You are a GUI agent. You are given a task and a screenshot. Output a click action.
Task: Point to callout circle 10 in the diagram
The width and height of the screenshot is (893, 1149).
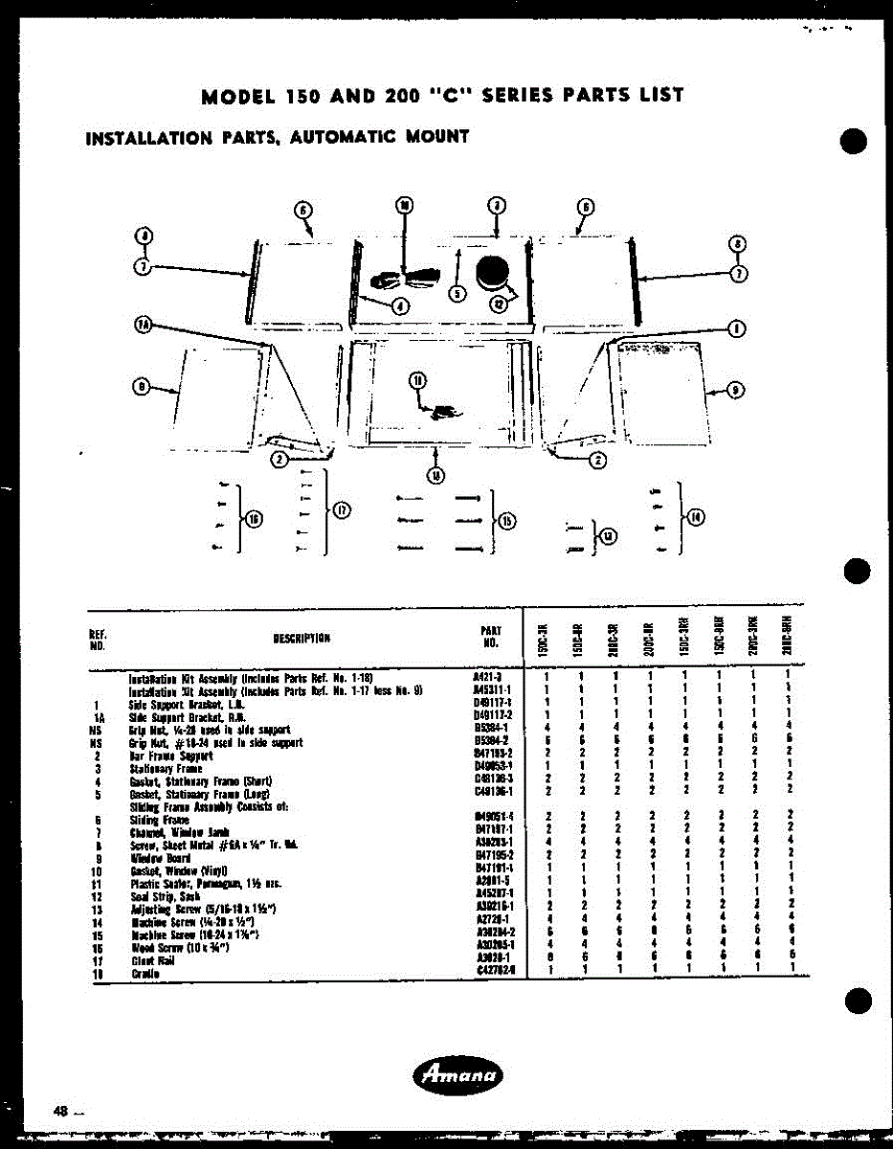click(404, 205)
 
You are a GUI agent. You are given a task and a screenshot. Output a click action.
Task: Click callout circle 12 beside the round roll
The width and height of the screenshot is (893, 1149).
click(499, 304)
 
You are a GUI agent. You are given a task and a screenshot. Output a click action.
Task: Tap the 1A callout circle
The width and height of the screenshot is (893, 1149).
click(143, 327)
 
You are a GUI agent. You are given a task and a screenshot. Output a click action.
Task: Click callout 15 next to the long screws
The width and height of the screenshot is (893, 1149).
click(506, 520)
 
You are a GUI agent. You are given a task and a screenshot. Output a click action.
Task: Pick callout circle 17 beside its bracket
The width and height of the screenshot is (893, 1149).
click(343, 509)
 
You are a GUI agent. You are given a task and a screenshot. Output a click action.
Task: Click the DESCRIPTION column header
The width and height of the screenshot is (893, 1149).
click(301, 639)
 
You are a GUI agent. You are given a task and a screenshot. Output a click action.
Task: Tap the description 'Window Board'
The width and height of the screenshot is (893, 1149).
click(153, 859)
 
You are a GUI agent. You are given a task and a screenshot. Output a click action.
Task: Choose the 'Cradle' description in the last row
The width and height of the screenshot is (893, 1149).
click(145, 973)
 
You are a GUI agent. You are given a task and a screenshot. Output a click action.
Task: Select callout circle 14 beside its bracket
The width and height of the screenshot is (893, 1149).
click(696, 517)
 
